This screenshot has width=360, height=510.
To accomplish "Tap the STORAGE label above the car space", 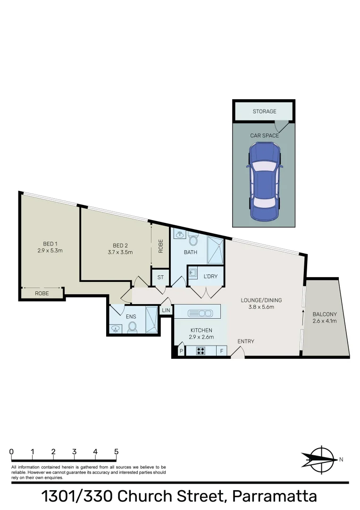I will (x=264, y=111).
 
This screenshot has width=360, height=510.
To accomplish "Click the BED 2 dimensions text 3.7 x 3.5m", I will (x=120, y=252).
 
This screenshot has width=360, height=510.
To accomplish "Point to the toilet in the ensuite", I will (x=132, y=327).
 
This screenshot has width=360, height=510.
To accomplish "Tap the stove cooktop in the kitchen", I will (x=201, y=351).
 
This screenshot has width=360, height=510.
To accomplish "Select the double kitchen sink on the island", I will (x=200, y=313).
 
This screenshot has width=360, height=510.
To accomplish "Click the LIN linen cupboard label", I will (x=166, y=310).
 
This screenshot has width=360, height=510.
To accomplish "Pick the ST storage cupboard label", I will (x=160, y=277).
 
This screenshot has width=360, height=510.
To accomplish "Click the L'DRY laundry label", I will (x=210, y=276).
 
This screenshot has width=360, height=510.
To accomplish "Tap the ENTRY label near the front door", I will (x=245, y=341).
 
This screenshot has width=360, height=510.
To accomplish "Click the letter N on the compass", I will (x=341, y=459).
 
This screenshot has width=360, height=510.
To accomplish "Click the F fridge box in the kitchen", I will (x=221, y=351).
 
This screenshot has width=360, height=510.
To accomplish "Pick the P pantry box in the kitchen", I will (x=181, y=351).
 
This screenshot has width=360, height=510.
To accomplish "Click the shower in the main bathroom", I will (x=216, y=250).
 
